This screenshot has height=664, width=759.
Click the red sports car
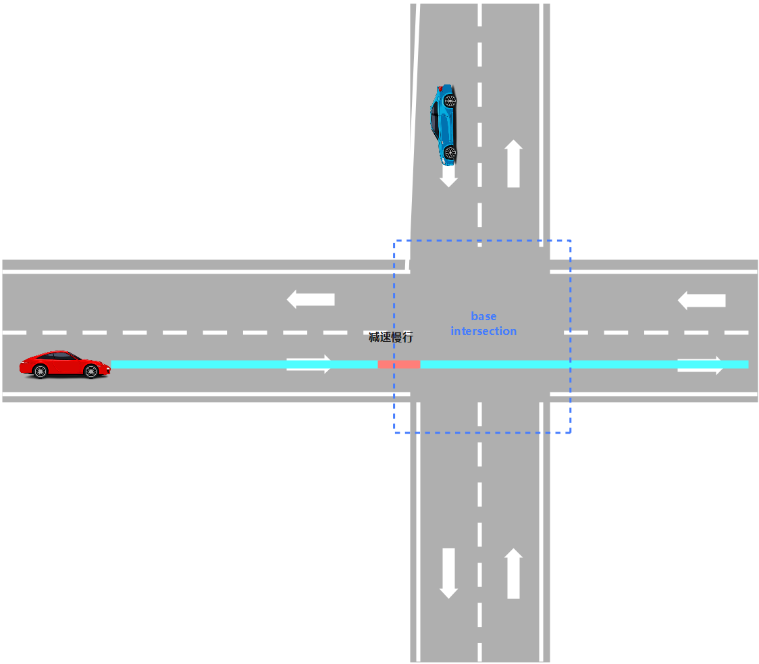(x=65, y=364)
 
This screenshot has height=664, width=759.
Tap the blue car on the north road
(x=444, y=124)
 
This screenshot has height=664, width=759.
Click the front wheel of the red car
(x=91, y=371)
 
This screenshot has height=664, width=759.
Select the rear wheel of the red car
(x=41, y=371)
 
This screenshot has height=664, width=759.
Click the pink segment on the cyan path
(x=398, y=364)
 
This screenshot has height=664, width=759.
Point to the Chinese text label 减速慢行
(x=390, y=337)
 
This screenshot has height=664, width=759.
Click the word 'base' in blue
(x=483, y=316)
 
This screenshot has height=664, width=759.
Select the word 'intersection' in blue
(x=483, y=331)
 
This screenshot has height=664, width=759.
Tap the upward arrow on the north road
(x=513, y=163)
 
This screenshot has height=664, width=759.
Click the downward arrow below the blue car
(x=448, y=177)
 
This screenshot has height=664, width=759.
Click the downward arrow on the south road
(x=448, y=573)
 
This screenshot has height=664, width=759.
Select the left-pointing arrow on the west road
(x=311, y=299)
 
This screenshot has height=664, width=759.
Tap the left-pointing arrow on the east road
(x=702, y=300)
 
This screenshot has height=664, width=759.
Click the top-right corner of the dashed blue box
(x=571, y=240)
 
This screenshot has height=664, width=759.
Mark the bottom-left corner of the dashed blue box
(x=394, y=432)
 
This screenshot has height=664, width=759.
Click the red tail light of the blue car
(x=440, y=88)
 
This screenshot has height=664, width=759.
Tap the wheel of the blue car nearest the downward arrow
(x=450, y=151)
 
